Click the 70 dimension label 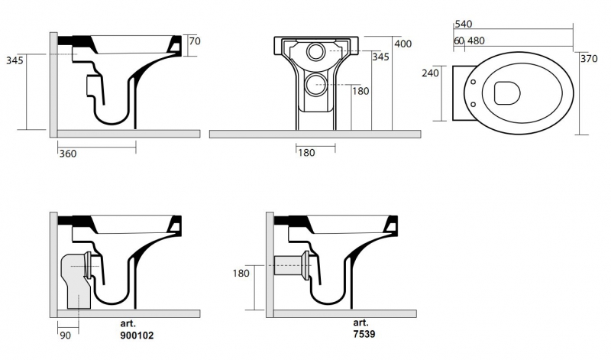[194, 41]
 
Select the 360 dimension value [68, 154]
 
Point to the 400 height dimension [404, 44]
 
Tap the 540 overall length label [464, 24]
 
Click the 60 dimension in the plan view [457, 41]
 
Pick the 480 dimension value [477, 41]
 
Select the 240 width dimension [430, 73]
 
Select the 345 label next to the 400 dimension [380, 57]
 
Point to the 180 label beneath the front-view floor [305, 153]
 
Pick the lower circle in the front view [315, 84]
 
